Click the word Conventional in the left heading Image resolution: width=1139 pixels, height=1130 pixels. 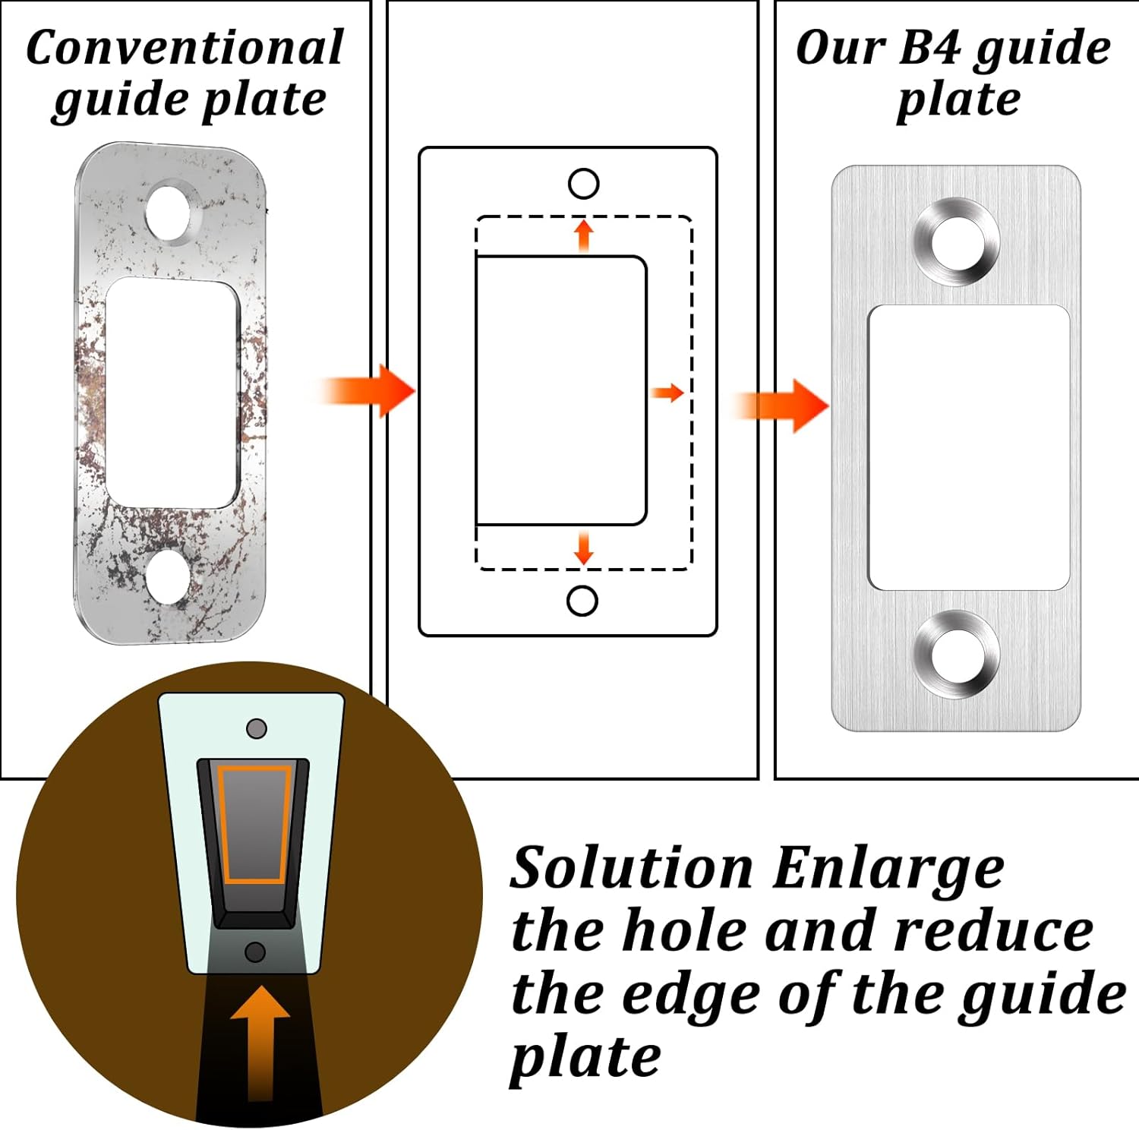tap(185, 48)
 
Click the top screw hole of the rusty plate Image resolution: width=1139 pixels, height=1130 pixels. tap(169, 212)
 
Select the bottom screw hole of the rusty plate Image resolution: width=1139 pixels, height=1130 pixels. tap(168, 575)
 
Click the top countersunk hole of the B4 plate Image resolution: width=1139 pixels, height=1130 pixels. tap(956, 242)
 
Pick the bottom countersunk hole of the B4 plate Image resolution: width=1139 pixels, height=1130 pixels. tap(956, 654)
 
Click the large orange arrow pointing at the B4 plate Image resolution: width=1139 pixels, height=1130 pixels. tap(786, 406)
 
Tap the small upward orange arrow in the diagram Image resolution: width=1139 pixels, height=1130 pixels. tap(583, 235)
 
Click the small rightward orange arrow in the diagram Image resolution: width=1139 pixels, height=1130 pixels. tap(668, 393)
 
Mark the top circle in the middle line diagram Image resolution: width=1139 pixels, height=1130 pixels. tap(583, 184)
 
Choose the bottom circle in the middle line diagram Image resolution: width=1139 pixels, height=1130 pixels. tap(582, 601)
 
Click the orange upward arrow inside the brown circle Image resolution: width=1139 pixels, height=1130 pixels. tap(260, 1040)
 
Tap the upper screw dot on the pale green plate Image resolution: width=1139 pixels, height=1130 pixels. tap(257, 729)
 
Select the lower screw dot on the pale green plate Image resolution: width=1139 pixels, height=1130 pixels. tap(256, 952)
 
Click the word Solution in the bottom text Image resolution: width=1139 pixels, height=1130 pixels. tap(631, 868)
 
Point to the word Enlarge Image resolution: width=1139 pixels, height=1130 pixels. tap(888, 868)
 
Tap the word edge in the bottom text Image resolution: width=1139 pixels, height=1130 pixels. tap(691, 995)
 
